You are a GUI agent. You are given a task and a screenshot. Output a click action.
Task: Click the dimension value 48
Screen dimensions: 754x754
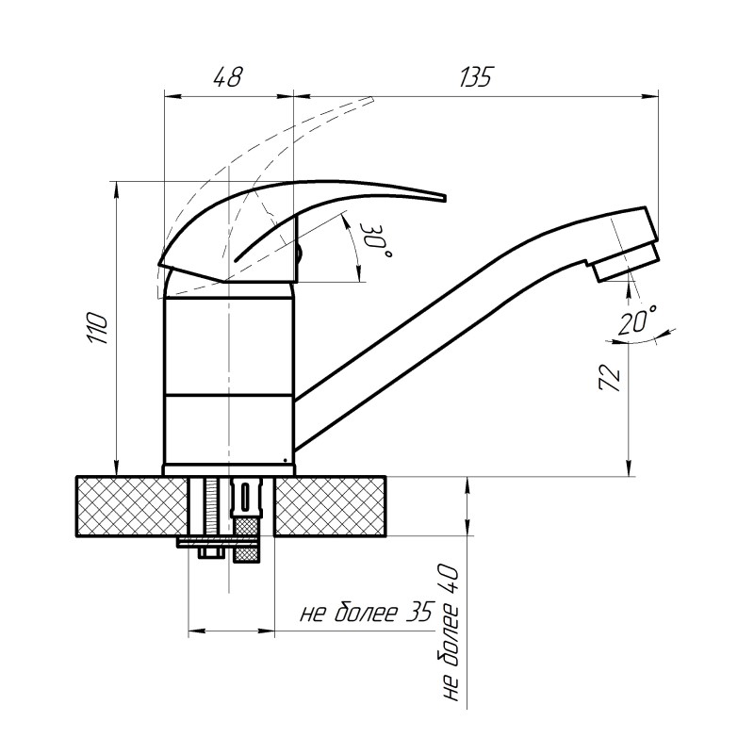coord(228,77)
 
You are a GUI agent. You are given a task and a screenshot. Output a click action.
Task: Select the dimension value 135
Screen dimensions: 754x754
coord(477,77)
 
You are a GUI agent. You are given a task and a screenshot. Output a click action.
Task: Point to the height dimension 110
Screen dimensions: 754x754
coord(97,328)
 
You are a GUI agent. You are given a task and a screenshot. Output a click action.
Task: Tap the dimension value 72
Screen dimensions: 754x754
coord(610,378)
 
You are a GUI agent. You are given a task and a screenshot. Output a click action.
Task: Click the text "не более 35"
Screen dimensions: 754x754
coord(367,612)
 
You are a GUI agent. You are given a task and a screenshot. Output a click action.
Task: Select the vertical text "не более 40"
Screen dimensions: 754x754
coord(449,632)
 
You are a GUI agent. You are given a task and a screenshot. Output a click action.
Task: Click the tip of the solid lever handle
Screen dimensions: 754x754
coord(445,198)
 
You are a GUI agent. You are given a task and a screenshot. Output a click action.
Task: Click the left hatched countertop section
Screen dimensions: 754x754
coord(132,506)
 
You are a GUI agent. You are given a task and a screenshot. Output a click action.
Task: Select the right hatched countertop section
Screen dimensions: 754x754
coord(331,506)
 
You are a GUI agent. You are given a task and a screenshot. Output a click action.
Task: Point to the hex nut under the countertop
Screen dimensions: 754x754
coord(211,552)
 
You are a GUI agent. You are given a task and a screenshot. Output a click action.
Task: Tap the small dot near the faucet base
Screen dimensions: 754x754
coord(286,460)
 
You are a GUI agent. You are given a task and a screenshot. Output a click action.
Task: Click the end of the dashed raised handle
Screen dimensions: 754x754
coord(372,99)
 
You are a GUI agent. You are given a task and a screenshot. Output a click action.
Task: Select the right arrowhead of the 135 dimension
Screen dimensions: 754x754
coord(651,97)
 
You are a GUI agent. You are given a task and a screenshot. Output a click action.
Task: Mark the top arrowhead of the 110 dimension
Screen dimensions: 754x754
coord(115,189)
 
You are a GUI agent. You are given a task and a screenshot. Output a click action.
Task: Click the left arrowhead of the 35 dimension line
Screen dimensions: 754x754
coord(196,631)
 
